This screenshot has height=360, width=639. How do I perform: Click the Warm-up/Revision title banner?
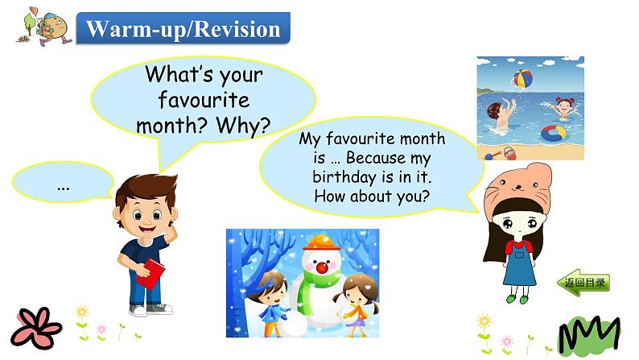coord(183,30)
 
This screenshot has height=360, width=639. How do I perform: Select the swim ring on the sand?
coord(552,134)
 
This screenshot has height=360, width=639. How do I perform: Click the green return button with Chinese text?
coord(582,283)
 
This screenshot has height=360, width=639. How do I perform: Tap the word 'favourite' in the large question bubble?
coord(204,101)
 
